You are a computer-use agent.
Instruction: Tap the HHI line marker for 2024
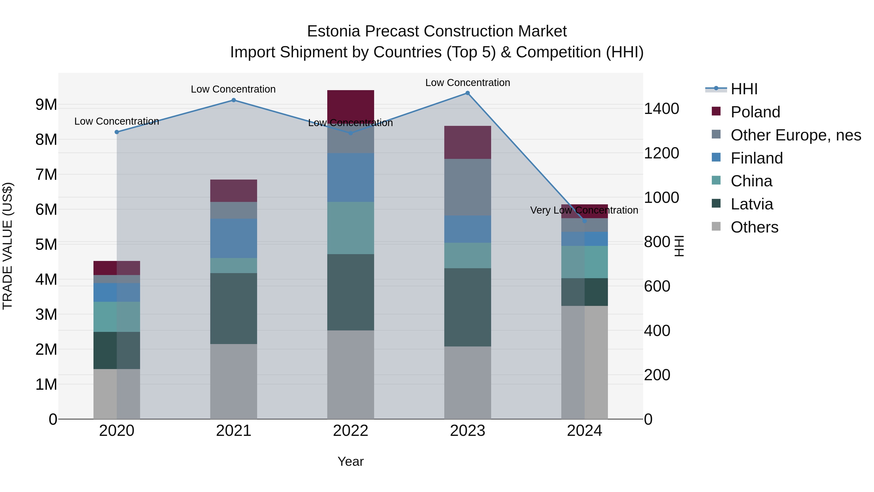point(584,221)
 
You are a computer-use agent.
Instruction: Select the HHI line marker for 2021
point(233,100)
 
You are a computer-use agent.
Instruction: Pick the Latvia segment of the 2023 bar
point(468,307)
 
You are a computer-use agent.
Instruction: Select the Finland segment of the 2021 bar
point(233,238)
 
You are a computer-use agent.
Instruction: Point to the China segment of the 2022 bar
point(351,228)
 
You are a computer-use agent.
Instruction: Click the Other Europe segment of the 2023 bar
point(468,187)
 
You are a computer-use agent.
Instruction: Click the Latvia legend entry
point(751,204)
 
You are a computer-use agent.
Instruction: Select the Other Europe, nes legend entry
point(795,135)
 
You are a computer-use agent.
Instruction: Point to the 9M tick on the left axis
point(46,104)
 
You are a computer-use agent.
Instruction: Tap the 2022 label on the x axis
point(351,431)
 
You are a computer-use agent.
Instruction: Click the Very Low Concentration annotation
point(584,210)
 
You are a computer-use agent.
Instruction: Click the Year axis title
point(351,461)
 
